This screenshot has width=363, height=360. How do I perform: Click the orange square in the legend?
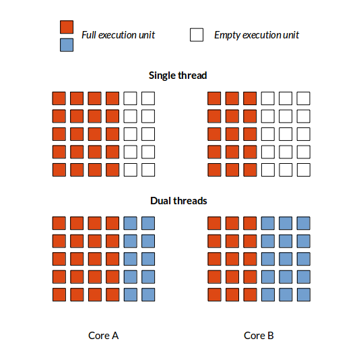coord(67,27)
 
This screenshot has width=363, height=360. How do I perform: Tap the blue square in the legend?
coord(67,45)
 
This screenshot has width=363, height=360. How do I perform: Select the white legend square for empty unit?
coord(197,35)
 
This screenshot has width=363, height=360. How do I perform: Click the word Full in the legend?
coord(89,35)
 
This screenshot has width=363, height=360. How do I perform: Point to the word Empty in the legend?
coord(227,35)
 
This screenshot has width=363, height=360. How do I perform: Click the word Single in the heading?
coord(162,76)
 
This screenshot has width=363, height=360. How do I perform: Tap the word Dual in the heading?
coord(160,201)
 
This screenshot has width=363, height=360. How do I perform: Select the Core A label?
coord(103,336)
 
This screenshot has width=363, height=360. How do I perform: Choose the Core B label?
coord(259,336)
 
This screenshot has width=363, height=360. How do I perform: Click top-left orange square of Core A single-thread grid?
coord(59,98)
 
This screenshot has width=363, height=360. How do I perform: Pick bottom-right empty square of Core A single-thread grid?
coord(148,170)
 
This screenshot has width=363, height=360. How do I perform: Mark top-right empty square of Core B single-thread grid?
coord(304,98)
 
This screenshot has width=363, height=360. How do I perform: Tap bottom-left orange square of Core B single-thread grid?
coord(214,170)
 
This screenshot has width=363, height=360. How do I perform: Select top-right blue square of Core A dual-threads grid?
coord(148,223)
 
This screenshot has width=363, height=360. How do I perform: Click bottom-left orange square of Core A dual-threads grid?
coord(59,295)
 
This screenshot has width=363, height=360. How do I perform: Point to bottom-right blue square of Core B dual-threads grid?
coord(304,295)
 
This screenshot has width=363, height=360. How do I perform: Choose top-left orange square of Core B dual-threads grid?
coord(214,223)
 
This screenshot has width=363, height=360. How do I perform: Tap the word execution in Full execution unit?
coord(117,35)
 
